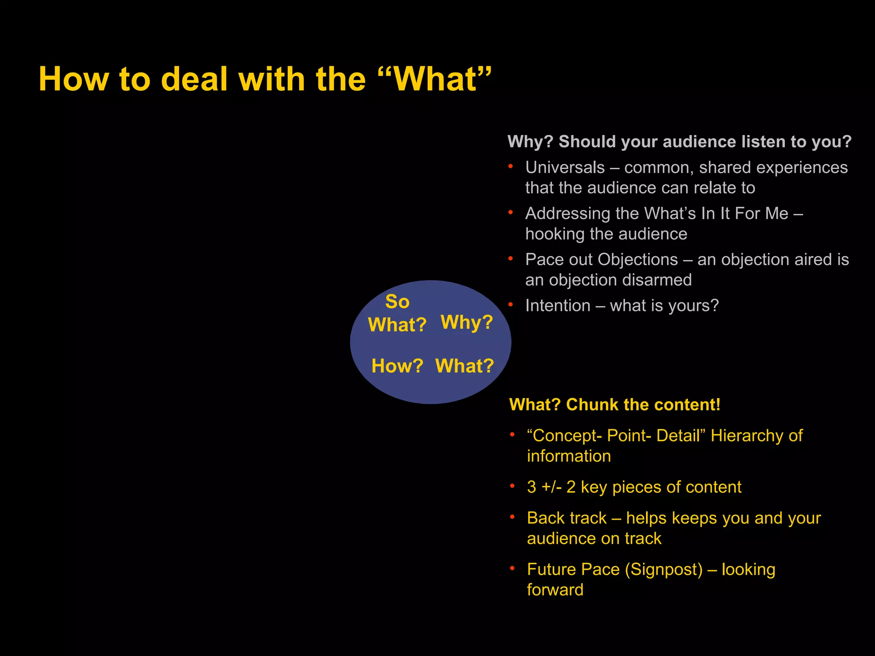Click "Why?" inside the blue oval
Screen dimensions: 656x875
pyautogui.click(x=467, y=322)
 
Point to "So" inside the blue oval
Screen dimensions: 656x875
pyautogui.click(x=397, y=302)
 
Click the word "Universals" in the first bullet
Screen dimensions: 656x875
pyautogui.click(x=565, y=167)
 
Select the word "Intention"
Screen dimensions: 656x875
pyautogui.click(x=558, y=306)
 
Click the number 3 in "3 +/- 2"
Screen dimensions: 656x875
pyautogui.click(x=531, y=487)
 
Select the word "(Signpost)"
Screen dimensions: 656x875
pyautogui.click(x=664, y=570)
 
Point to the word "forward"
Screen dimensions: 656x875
pyautogui.click(x=555, y=590)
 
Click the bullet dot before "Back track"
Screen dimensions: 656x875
pyautogui.click(x=512, y=517)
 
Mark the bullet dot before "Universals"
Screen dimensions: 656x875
pyautogui.click(x=511, y=167)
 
